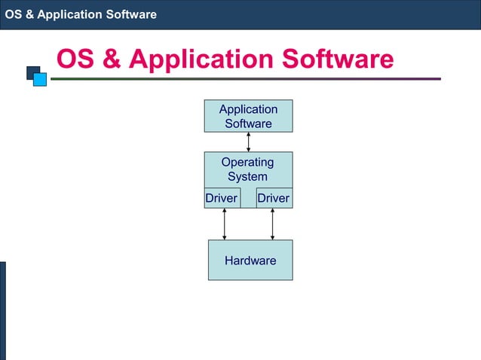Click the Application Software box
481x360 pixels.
click(248, 116)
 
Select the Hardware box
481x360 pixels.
click(250, 260)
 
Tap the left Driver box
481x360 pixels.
click(222, 198)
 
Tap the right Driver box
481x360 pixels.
click(273, 198)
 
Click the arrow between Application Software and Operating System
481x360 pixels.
click(248, 142)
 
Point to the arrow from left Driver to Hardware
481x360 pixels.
click(224, 224)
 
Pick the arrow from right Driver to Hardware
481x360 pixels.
click(273, 224)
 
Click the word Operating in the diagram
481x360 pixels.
click(247, 163)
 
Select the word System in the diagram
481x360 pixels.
click(247, 177)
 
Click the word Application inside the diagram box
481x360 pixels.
click(248, 109)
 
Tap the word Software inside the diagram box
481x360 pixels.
click(248, 124)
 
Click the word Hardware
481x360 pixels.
click(250, 261)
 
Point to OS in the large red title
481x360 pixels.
click(76, 59)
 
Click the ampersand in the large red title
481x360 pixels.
click(112, 59)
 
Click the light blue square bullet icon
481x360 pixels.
click(40, 79)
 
